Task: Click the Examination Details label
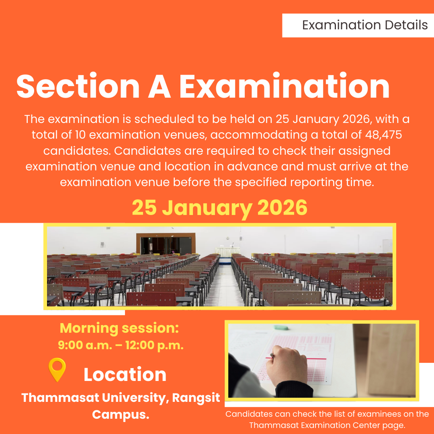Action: pos(365,25)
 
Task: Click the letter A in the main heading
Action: pos(160,87)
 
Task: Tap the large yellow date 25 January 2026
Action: pos(220,208)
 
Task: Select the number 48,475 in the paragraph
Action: pos(383,135)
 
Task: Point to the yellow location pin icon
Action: pos(57,369)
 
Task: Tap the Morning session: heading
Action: pos(119,328)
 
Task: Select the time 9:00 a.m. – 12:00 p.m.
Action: pos(121,346)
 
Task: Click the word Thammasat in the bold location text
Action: pos(60,397)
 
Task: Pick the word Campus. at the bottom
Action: pos(121,414)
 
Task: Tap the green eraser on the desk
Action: pos(281,328)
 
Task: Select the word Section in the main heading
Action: pos(78,87)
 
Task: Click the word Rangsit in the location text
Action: pos(196,398)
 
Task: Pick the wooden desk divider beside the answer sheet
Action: pos(390,360)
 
